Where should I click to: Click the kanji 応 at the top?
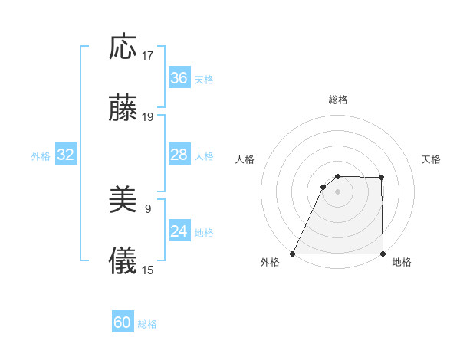tap(123, 47)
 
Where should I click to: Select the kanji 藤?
tap(123, 109)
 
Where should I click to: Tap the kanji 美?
tap(123, 201)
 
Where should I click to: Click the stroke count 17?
tap(148, 56)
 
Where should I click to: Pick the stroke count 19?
tap(148, 117)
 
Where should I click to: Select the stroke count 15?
tap(148, 270)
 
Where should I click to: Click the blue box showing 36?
tap(179, 78)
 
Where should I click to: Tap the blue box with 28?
tap(179, 155)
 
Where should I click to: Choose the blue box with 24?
tap(179, 231)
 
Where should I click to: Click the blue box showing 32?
tap(65, 155)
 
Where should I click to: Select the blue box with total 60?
tap(123, 322)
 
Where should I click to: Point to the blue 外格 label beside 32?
tap(41, 156)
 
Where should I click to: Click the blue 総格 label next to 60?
tap(147, 324)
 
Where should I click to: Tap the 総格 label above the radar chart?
tap(337, 100)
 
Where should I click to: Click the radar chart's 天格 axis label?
tap(432, 159)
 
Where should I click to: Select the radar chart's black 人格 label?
tap(245, 159)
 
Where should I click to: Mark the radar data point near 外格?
tap(292, 254)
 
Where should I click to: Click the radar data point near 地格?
tap(383, 254)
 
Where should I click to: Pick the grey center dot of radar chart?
tap(337, 191)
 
